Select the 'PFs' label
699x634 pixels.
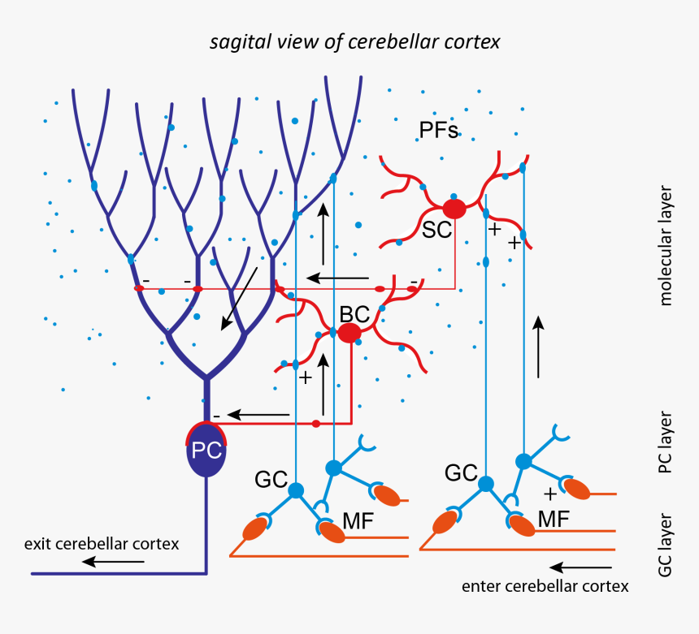click(439, 130)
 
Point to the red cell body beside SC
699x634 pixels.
click(454, 209)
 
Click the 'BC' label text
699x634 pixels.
click(354, 314)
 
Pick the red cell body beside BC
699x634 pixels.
click(349, 333)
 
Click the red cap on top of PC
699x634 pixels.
click(206, 428)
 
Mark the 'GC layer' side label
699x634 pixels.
click(665, 544)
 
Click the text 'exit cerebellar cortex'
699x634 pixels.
click(102, 544)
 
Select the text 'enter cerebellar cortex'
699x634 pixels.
click(545, 586)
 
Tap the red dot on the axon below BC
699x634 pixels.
click(315, 424)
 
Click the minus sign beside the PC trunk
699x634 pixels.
click(215, 414)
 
